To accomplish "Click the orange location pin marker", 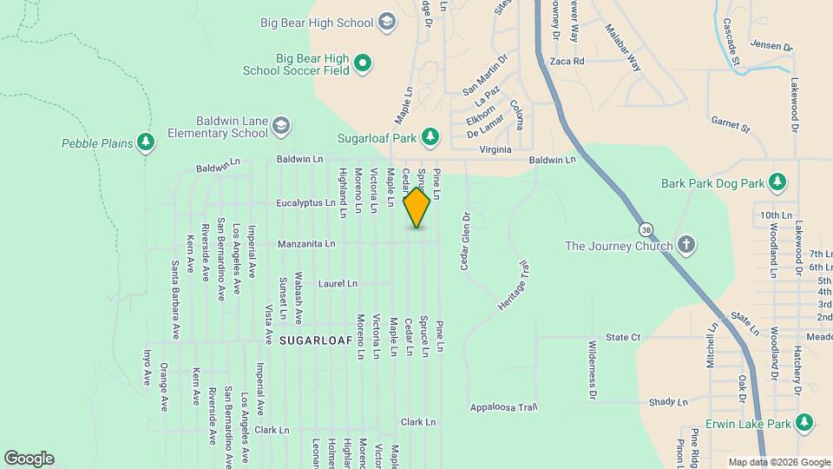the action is (x=417, y=208).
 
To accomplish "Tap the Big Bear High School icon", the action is (x=387, y=23).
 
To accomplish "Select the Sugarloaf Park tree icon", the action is (x=430, y=136).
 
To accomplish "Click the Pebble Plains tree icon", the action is (x=146, y=142).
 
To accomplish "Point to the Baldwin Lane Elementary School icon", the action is (x=280, y=127).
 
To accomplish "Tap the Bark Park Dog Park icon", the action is (x=778, y=182).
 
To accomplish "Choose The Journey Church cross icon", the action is (x=686, y=245).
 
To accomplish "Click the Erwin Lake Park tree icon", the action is (x=805, y=423).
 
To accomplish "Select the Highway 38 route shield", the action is (x=646, y=229).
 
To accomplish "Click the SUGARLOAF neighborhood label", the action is (x=316, y=342).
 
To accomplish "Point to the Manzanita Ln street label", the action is (x=306, y=244).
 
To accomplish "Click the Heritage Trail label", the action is (x=513, y=292).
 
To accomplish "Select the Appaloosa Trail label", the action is (x=504, y=406).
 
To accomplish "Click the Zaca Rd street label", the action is (x=567, y=62).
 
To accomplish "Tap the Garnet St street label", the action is (x=729, y=127).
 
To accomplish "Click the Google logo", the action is (x=29, y=459).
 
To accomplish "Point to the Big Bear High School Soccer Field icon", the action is (x=364, y=63).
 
